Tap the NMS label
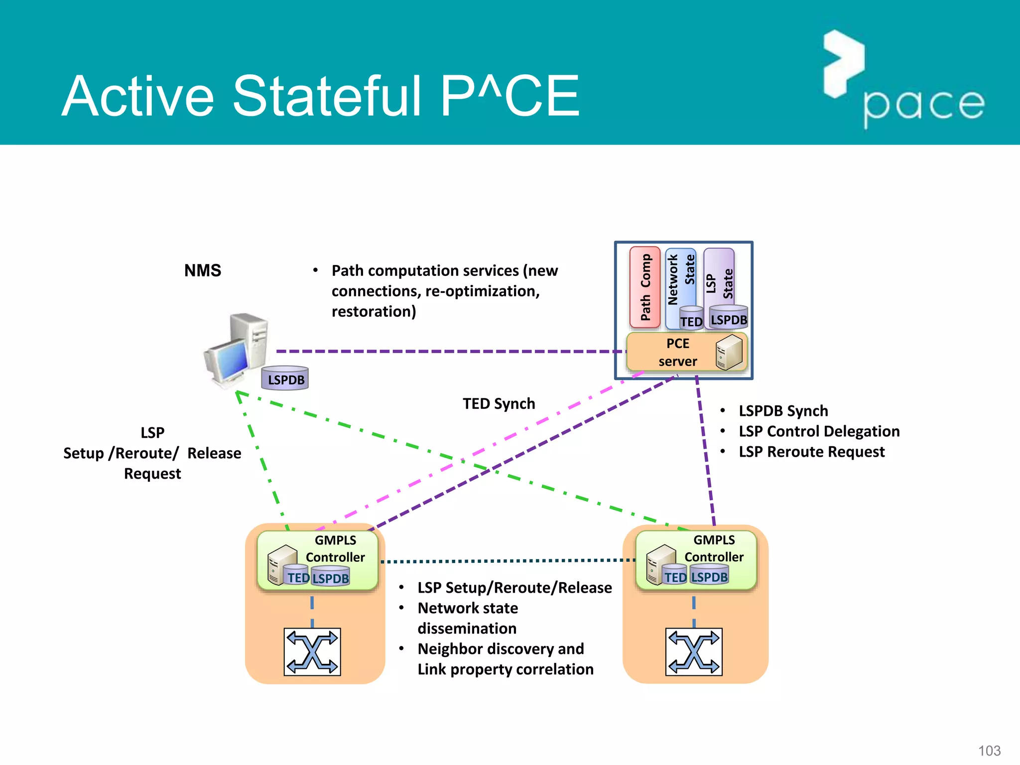(202, 270)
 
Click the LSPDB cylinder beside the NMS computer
(285, 379)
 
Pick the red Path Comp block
(644, 287)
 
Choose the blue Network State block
(679, 279)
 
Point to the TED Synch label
(499, 403)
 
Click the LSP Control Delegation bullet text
(819, 431)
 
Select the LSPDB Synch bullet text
(783, 411)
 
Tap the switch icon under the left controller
(312, 652)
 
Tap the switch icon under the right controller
(694, 652)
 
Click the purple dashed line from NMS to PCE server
(448, 351)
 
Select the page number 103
(989, 751)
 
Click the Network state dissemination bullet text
(467, 618)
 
